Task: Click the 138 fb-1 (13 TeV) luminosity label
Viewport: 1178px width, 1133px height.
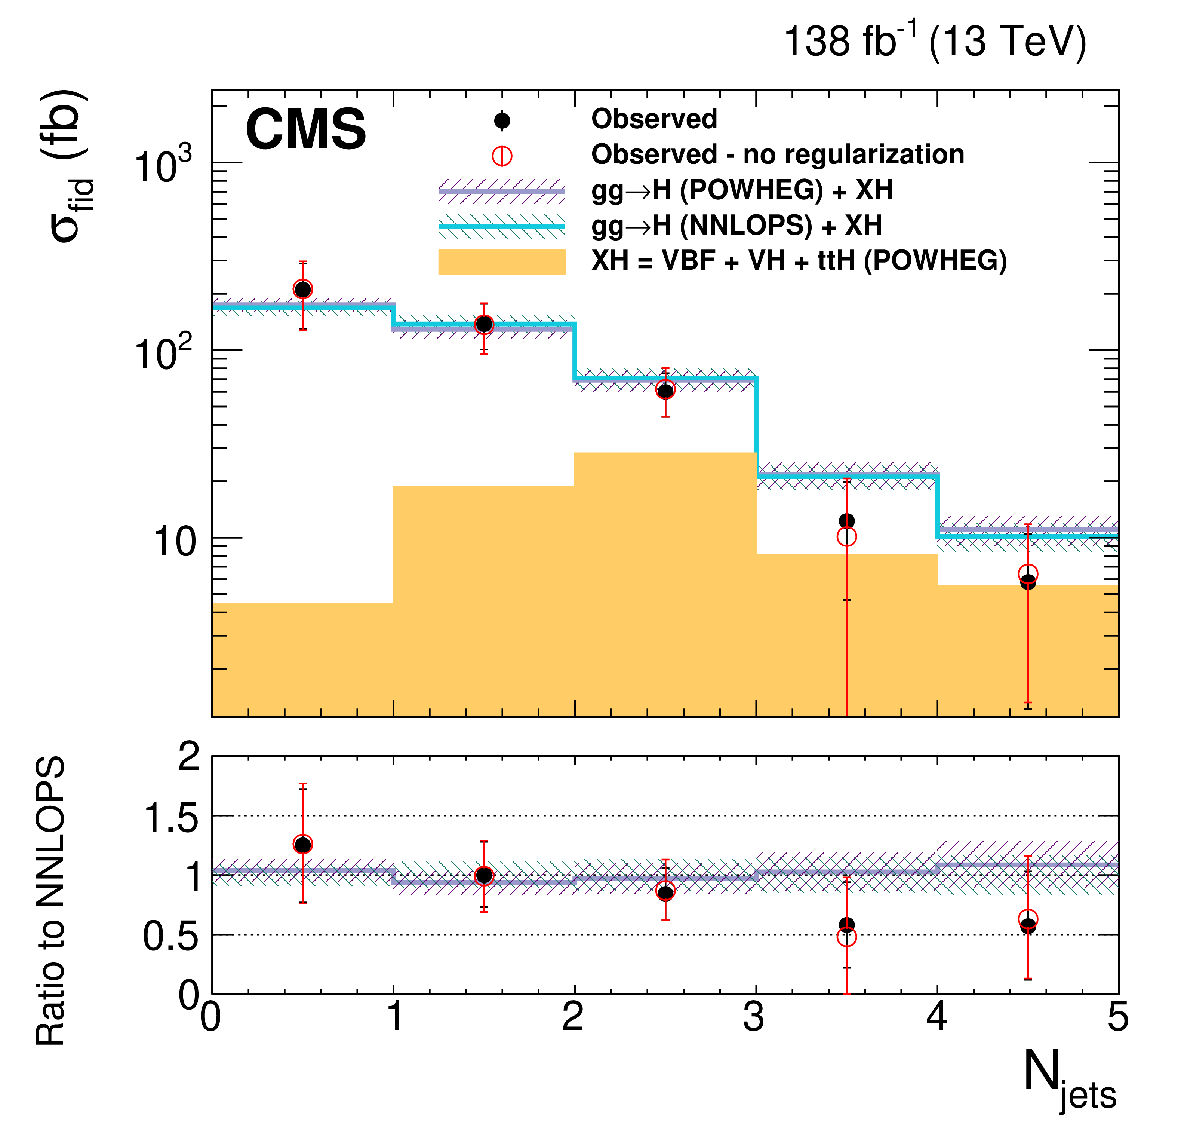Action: [x=935, y=42]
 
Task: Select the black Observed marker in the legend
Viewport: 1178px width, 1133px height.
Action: [x=502, y=121]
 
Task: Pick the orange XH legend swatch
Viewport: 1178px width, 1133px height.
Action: [x=502, y=261]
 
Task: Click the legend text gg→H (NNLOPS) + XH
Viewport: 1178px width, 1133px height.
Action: [x=736, y=226]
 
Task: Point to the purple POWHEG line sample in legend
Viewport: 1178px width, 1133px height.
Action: [x=502, y=191]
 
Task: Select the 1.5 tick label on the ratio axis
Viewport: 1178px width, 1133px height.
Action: [x=171, y=818]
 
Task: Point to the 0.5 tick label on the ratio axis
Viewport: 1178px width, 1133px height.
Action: [x=171, y=936]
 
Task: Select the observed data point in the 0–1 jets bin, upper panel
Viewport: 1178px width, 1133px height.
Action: [x=303, y=289]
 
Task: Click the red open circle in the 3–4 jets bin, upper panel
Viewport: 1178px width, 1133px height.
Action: [x=846, y=536]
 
